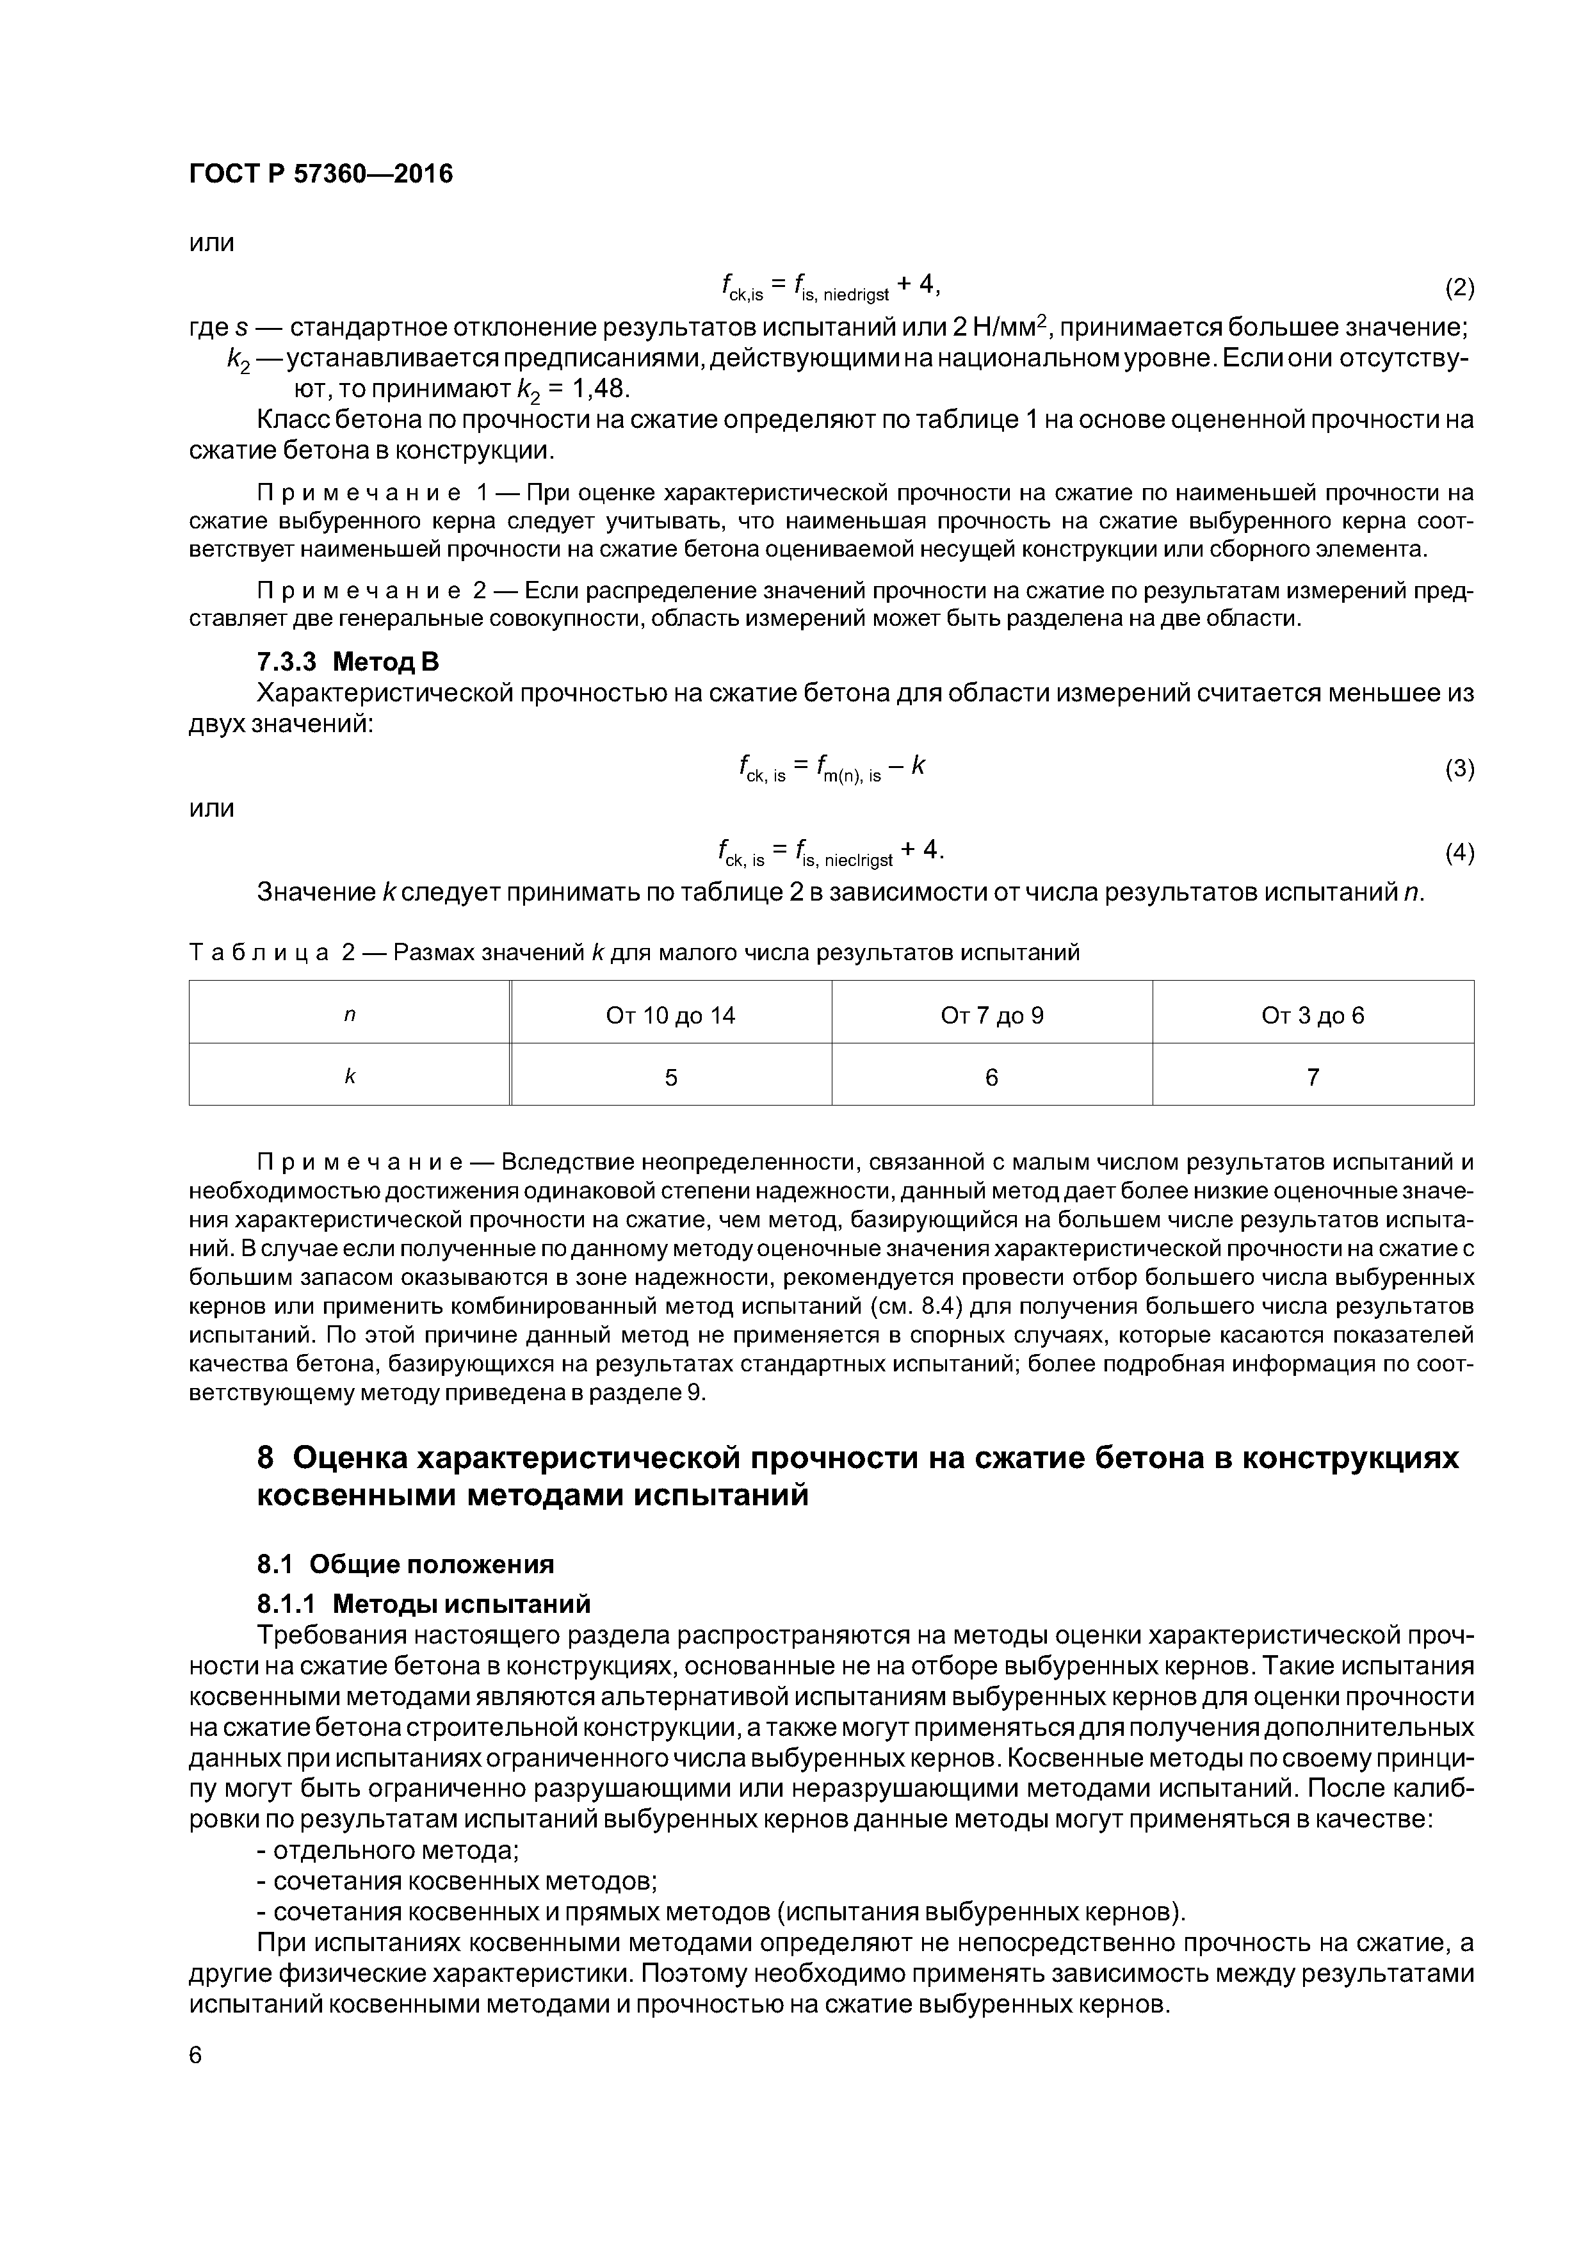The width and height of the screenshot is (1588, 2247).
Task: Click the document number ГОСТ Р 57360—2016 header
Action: tap(320, 174)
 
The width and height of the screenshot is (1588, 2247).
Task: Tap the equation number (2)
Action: tap(1459, 288)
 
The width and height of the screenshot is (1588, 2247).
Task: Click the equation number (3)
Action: tap(1459, 769)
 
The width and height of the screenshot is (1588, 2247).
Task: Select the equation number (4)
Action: tap(1459, 853)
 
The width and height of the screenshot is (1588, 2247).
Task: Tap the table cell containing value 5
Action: tap(670, 1077)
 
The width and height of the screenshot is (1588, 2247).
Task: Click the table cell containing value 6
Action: tap(991, 1077)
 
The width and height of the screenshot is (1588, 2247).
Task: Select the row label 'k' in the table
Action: tap(350, 1077)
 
